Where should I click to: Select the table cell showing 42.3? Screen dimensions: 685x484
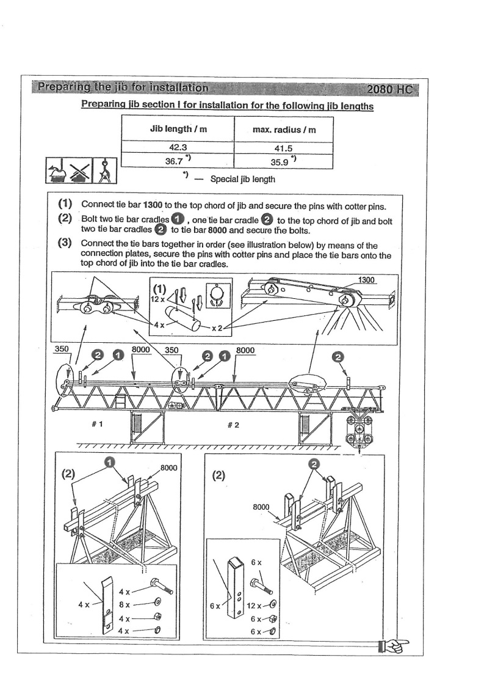(x=178, y=147)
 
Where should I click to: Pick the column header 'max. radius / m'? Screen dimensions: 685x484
(x=283, y=129)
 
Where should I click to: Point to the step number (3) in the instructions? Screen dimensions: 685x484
(x=65, y=243)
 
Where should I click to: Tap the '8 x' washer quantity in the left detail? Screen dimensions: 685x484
(x=124, y=604)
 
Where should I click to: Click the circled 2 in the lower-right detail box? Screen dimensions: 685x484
(x=315, y=464)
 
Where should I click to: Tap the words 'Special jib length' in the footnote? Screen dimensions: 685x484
(x=242, y=179)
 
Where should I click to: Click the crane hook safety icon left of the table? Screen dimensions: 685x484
(x=105, y=170)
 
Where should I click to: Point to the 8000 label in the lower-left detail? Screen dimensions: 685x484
(x=168, y=468)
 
